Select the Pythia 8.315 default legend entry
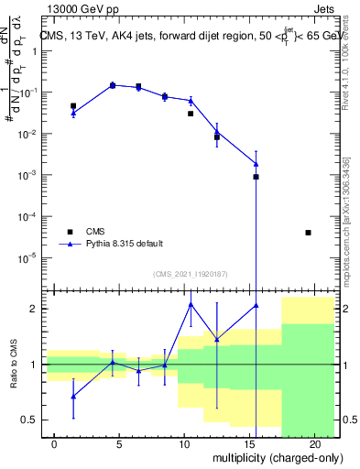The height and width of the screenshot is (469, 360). [126, 244]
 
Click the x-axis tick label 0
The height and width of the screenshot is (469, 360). [55, 444]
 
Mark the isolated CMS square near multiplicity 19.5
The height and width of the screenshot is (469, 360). [308, 233]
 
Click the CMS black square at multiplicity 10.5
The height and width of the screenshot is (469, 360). [191, 114]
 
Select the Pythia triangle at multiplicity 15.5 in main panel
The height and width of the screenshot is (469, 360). [256, 164]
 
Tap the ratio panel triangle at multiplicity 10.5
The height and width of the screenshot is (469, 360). [191, 304]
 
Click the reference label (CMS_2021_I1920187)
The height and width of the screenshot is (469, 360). [191, 272]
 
